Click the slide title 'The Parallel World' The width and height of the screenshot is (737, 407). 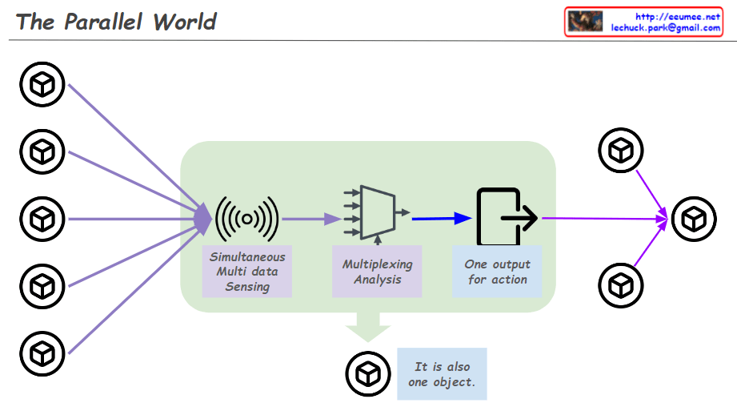(116, 22)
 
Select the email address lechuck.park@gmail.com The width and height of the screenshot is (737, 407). (665, 27)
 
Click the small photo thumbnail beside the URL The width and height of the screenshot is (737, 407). (586, 22)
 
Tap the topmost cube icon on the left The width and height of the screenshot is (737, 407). (42, 83)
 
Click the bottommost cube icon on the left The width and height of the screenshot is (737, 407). (42, 351)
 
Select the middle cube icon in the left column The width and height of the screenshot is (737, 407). (42, 217)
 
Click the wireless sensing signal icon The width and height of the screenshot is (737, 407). (247, 217)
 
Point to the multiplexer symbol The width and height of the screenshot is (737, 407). (377, 212)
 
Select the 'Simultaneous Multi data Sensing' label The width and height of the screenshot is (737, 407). (247, 272)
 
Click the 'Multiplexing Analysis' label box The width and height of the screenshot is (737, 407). (377, 272)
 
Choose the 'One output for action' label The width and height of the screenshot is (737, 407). (497, 272)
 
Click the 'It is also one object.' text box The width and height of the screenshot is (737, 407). (442, 373)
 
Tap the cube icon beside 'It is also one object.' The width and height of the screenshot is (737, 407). (367, 373)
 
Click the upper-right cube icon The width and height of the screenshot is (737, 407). (620, 150)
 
